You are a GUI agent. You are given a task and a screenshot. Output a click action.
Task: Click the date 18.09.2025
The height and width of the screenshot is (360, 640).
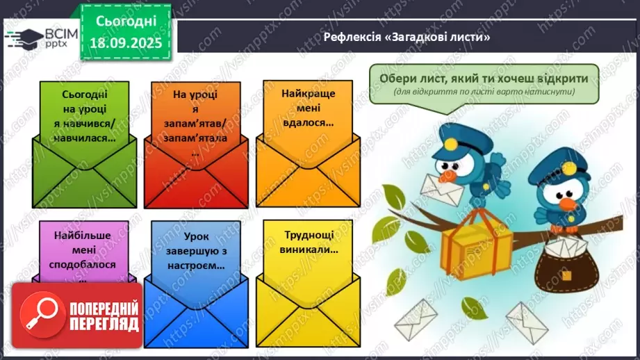(x=125, y=42)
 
